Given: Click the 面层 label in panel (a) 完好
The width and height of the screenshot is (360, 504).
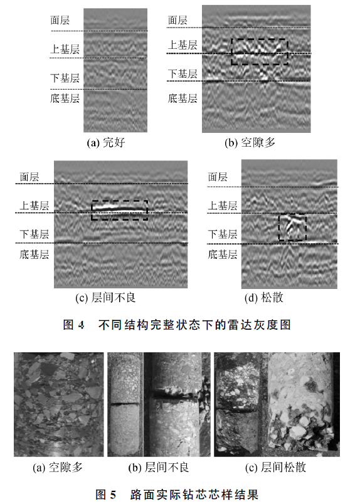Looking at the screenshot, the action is click(x=60, y=20).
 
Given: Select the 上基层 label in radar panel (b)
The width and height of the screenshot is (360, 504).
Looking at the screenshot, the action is click(x=183, y=45).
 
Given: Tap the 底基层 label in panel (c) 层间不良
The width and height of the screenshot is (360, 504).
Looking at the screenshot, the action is click(x=34, y=255).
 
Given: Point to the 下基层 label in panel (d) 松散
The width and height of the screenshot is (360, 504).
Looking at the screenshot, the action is click(x=223, y=234).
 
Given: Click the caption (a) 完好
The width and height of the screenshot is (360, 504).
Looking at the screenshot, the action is click(x=106, y=142).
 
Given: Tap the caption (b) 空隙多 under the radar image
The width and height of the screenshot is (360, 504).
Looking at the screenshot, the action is click(x=250, y=142).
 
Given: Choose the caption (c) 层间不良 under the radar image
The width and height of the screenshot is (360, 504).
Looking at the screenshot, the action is click(x=105, y=298).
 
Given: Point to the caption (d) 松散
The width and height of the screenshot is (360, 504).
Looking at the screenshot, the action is click(x=264, y=298).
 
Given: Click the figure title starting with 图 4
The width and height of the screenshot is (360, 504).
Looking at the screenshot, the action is click(x=177, y=325).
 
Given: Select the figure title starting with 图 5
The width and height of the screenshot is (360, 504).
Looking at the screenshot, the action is click(x=177, y=495).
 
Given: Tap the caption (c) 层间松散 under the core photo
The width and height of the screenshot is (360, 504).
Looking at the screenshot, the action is click(x=275, y=468).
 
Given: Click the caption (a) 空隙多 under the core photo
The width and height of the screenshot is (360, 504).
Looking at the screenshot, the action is click(x=58, y=468).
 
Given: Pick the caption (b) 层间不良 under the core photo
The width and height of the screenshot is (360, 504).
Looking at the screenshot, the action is click(x=159, y=468).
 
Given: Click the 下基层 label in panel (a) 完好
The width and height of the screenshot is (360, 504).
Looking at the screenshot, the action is click(x=65, y=78).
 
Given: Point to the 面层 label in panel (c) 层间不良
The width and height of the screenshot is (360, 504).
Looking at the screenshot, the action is click(x=29, y=177).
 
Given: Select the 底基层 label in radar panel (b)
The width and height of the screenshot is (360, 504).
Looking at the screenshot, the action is click(x=183, y=98).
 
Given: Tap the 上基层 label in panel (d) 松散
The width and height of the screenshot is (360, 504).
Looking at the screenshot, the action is click(x=223, y=206).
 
